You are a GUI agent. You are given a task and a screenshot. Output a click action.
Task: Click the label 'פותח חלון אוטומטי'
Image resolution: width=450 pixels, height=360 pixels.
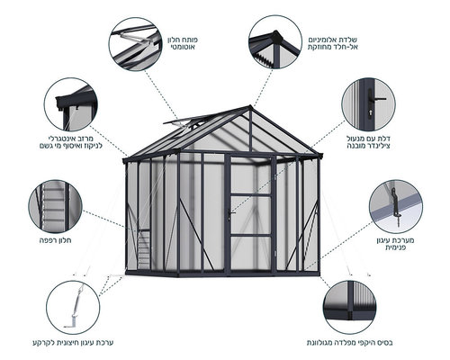point(183,43)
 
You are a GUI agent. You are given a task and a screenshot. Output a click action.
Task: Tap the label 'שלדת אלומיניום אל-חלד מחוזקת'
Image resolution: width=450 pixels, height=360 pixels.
point(333,43)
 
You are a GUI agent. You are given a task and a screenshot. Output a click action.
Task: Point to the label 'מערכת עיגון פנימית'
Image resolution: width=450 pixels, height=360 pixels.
point(395,244)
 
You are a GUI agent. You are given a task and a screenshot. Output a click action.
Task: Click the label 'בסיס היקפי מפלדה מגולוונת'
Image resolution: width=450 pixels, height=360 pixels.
point(349,343)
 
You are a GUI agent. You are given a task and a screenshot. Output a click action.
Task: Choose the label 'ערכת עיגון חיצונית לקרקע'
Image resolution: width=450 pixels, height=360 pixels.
point(73,343)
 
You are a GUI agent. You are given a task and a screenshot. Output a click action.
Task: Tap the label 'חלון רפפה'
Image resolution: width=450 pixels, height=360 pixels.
point(56,240)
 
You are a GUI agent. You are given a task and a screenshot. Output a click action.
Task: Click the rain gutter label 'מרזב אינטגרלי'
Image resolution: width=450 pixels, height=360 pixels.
point(71,139)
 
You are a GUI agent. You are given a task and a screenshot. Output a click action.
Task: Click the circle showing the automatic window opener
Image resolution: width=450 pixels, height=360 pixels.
point(136,44)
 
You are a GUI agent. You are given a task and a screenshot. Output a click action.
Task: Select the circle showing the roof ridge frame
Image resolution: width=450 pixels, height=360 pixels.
point(275,42)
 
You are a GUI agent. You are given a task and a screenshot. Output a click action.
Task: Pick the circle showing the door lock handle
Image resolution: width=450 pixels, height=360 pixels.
point(369,104)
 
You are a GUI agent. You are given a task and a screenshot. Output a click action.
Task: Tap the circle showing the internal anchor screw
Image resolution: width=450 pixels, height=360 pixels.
point(396,207)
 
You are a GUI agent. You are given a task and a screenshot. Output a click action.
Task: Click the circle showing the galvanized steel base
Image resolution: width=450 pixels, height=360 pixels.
point(350,307)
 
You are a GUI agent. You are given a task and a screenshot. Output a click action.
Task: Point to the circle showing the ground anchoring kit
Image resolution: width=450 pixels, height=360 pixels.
point(73,307)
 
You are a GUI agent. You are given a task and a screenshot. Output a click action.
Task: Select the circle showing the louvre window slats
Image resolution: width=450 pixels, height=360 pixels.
point(55,206)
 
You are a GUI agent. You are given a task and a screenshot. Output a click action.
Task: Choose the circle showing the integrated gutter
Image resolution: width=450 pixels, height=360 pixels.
point(71,104)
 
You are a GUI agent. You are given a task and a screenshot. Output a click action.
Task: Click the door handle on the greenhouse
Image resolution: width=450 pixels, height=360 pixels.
point(230,213)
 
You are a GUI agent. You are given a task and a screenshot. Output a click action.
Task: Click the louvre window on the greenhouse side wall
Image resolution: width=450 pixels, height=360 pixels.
point(144,249)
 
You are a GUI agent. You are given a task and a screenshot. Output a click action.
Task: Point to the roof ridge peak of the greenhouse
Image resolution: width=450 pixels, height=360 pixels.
point(250,106)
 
